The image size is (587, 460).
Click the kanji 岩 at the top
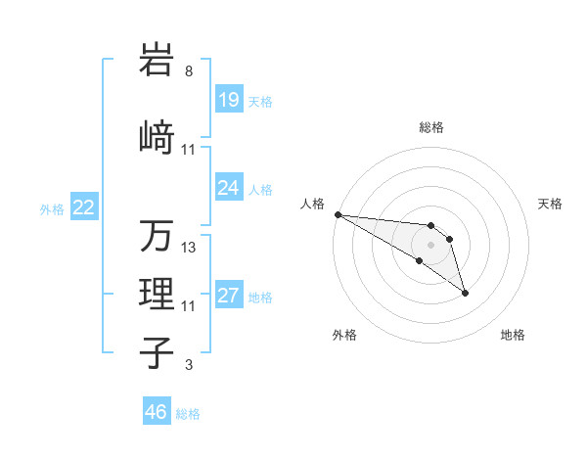coord(157,61)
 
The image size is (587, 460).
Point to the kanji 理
coord(157,293)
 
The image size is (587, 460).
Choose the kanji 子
coord(157,352)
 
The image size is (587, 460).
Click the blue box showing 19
coord(228,100)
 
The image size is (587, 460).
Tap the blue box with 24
coord(228,188)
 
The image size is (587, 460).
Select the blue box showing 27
coord(228,296)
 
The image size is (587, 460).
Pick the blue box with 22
coord(83,207)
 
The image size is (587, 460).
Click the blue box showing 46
coord(156,412)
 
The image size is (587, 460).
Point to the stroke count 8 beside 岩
coord(188,71)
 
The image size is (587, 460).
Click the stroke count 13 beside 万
coord(189,247)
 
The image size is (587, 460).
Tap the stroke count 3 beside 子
coord(188,366)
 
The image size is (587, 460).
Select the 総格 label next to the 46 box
coord(188,414)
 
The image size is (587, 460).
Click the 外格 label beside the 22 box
coord(52,208)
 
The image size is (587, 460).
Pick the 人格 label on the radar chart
coord(313,204)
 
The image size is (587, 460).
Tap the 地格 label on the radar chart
coord(513,335)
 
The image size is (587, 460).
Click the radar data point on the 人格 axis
coord(338,214)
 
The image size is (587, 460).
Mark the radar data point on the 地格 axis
coord(465,293)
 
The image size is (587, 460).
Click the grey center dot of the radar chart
coord(430,245)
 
